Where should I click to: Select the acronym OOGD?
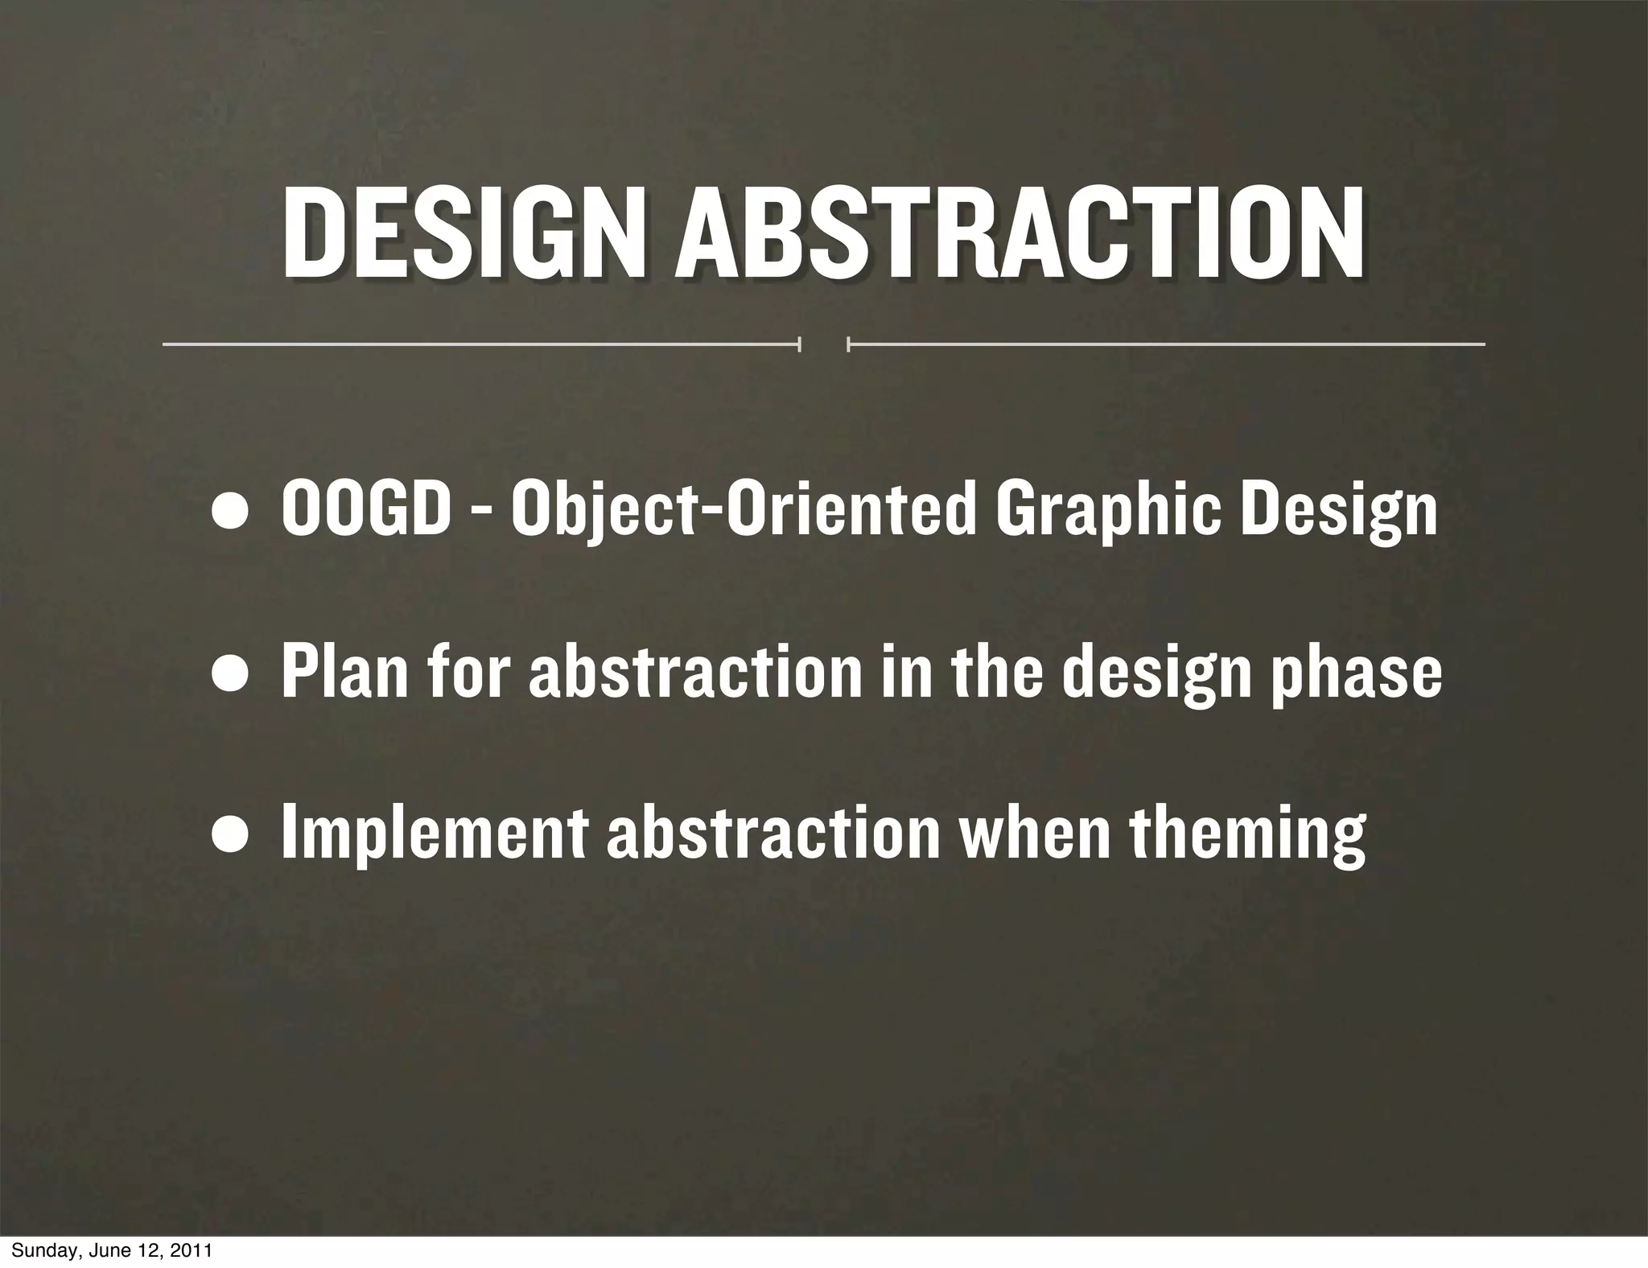coord(366,511)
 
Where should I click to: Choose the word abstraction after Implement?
coord(773,834)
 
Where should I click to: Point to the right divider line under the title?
coord(1166,344)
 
